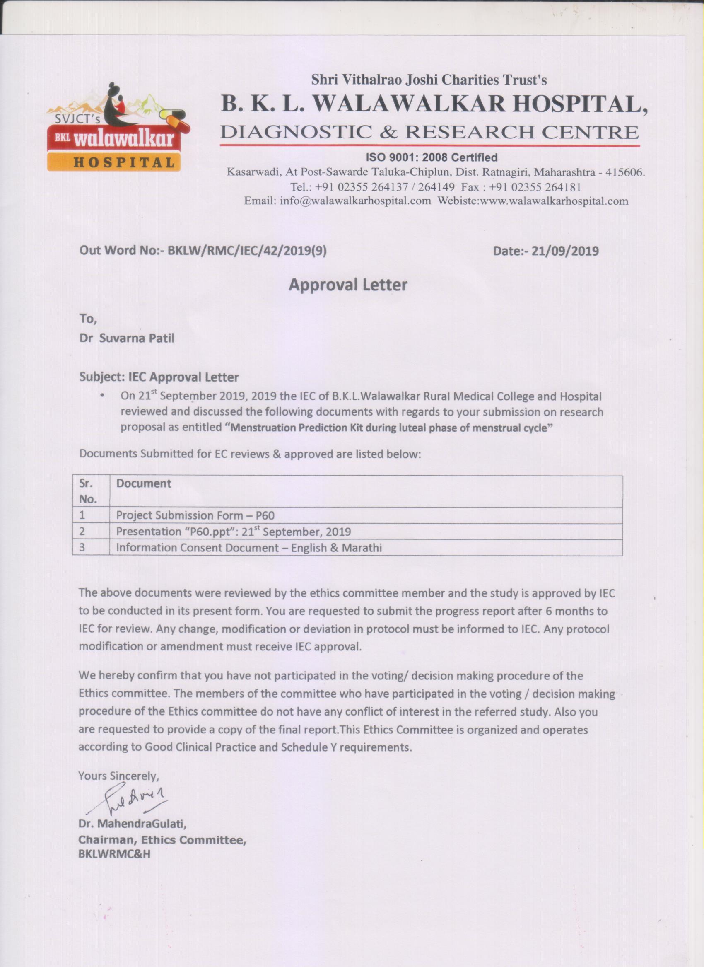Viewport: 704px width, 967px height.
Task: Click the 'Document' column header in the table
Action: pyautogui.click(x=144, y=483)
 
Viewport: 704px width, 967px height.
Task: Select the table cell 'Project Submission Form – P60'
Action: pyautogui.click(x=195, y=515)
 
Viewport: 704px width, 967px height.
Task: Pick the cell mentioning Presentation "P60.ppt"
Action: pyautogui.click(x=234, y=532)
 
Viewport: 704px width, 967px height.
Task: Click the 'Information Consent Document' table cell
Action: pyautogui.click(x=249, y=547)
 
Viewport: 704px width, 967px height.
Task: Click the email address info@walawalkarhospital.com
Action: pyautogui.click(x=355, y=201)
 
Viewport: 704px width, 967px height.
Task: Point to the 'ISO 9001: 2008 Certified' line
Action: pyautogui.click(x=432, y=157)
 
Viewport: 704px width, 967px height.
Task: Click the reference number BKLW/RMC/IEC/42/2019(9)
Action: pyautogui.click(x=247, y=251)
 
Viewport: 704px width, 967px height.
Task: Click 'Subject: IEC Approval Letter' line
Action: pyautogui.click(x=159, y=377)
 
